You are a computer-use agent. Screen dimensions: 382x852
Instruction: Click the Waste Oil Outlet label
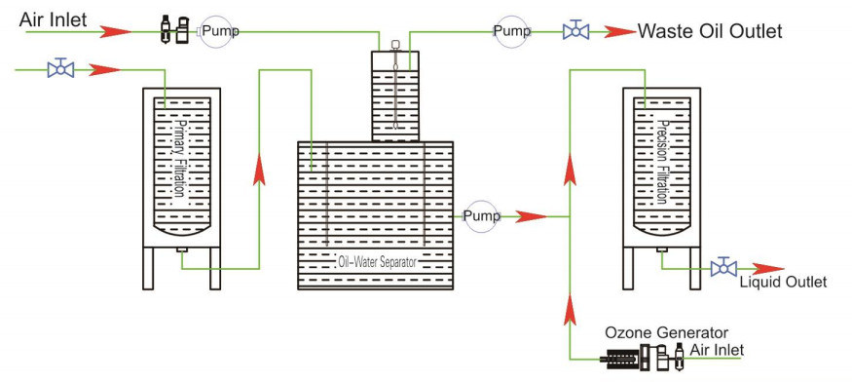point(709,31)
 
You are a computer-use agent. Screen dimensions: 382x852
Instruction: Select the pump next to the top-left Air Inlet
point(217,31)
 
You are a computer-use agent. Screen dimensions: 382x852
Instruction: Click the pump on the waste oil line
point(511,31)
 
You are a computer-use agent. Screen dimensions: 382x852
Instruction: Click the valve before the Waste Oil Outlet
point(575,31)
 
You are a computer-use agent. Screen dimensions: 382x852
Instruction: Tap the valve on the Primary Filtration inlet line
point(61,69)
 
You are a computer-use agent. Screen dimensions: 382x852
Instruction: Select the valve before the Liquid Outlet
point(722,267)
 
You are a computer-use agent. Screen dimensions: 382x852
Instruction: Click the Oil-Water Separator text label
point(374,261)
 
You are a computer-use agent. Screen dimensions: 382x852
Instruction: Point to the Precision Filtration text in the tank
point(661,161)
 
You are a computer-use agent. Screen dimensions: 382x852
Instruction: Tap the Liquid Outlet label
point(783,283)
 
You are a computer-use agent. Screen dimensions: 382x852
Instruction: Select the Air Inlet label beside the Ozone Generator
point(719,350)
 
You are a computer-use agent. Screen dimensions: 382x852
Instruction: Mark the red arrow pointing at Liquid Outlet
point(765,267)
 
